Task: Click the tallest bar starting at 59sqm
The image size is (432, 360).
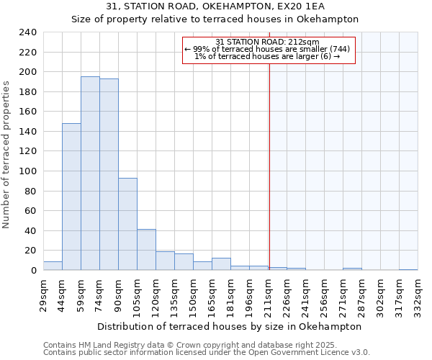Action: [90, 174]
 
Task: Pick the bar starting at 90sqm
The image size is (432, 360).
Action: [127, 224]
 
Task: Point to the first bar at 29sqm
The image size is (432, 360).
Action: [53, 266]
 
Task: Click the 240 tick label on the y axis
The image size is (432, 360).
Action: [27, 32]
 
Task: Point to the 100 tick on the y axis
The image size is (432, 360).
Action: [27, 171]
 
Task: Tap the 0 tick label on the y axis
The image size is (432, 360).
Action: [33, 271]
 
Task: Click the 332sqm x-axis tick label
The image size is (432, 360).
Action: [418, 295]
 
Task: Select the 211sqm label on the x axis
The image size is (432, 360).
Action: [269, 295]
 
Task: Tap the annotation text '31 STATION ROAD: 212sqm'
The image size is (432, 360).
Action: [268, 42]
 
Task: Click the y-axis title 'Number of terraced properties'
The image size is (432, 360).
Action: [6, 154]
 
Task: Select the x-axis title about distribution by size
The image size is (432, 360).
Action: [229, 326]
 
